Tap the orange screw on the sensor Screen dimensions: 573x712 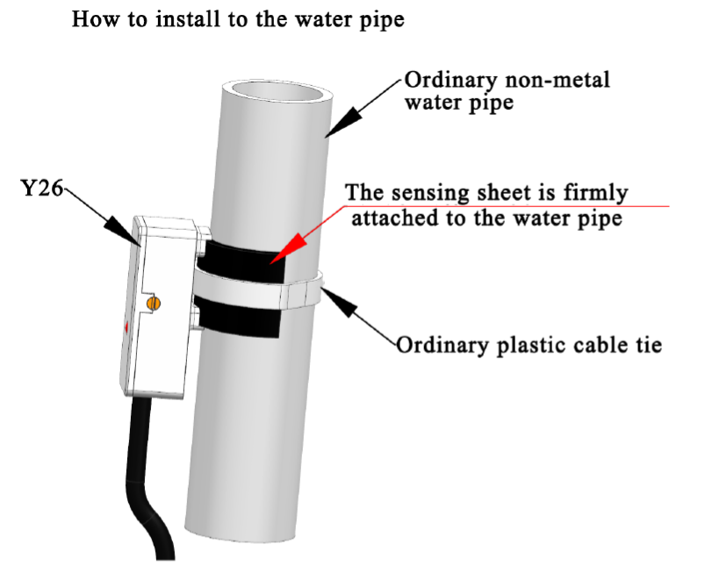[x=155, y=303]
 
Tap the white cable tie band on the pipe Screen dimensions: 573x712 [x=255, y=293]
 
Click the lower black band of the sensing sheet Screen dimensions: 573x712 [x=241, y=320]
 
